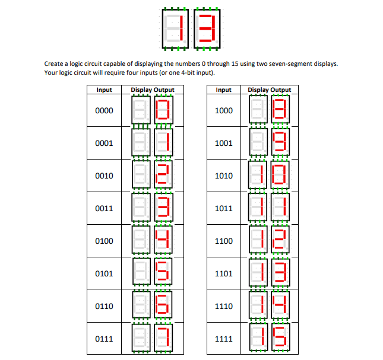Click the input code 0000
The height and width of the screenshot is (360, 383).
pos(105,111)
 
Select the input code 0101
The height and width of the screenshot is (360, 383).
pos(105,274)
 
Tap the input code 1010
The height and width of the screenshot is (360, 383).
pos(224,176)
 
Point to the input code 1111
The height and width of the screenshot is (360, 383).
pos(224,339)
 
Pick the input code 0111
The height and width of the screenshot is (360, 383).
pos(105,339)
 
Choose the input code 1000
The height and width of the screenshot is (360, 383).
pos(224,111)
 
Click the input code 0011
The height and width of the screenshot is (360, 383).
pos(105,209)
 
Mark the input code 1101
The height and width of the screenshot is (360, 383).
pos(224,274)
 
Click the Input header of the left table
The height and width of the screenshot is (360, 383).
pos(105,90)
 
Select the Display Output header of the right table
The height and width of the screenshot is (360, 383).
pos(270,90)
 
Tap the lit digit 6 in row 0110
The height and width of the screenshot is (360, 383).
pos(163,307)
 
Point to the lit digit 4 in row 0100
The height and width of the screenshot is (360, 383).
pos(163,241)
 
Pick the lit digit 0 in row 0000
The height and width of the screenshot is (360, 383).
pos(163,111)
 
